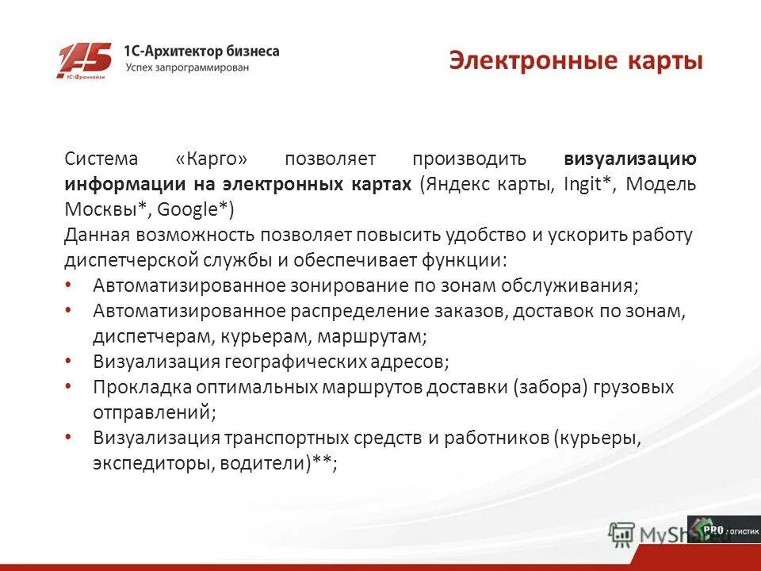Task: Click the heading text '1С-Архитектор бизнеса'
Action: tap(201, 51)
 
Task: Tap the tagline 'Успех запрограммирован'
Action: tap(187, 68)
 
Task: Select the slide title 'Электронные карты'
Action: tap(576, 61)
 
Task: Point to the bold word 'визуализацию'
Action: tap(630, 159)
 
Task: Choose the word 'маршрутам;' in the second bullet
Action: tap(372, 336)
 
